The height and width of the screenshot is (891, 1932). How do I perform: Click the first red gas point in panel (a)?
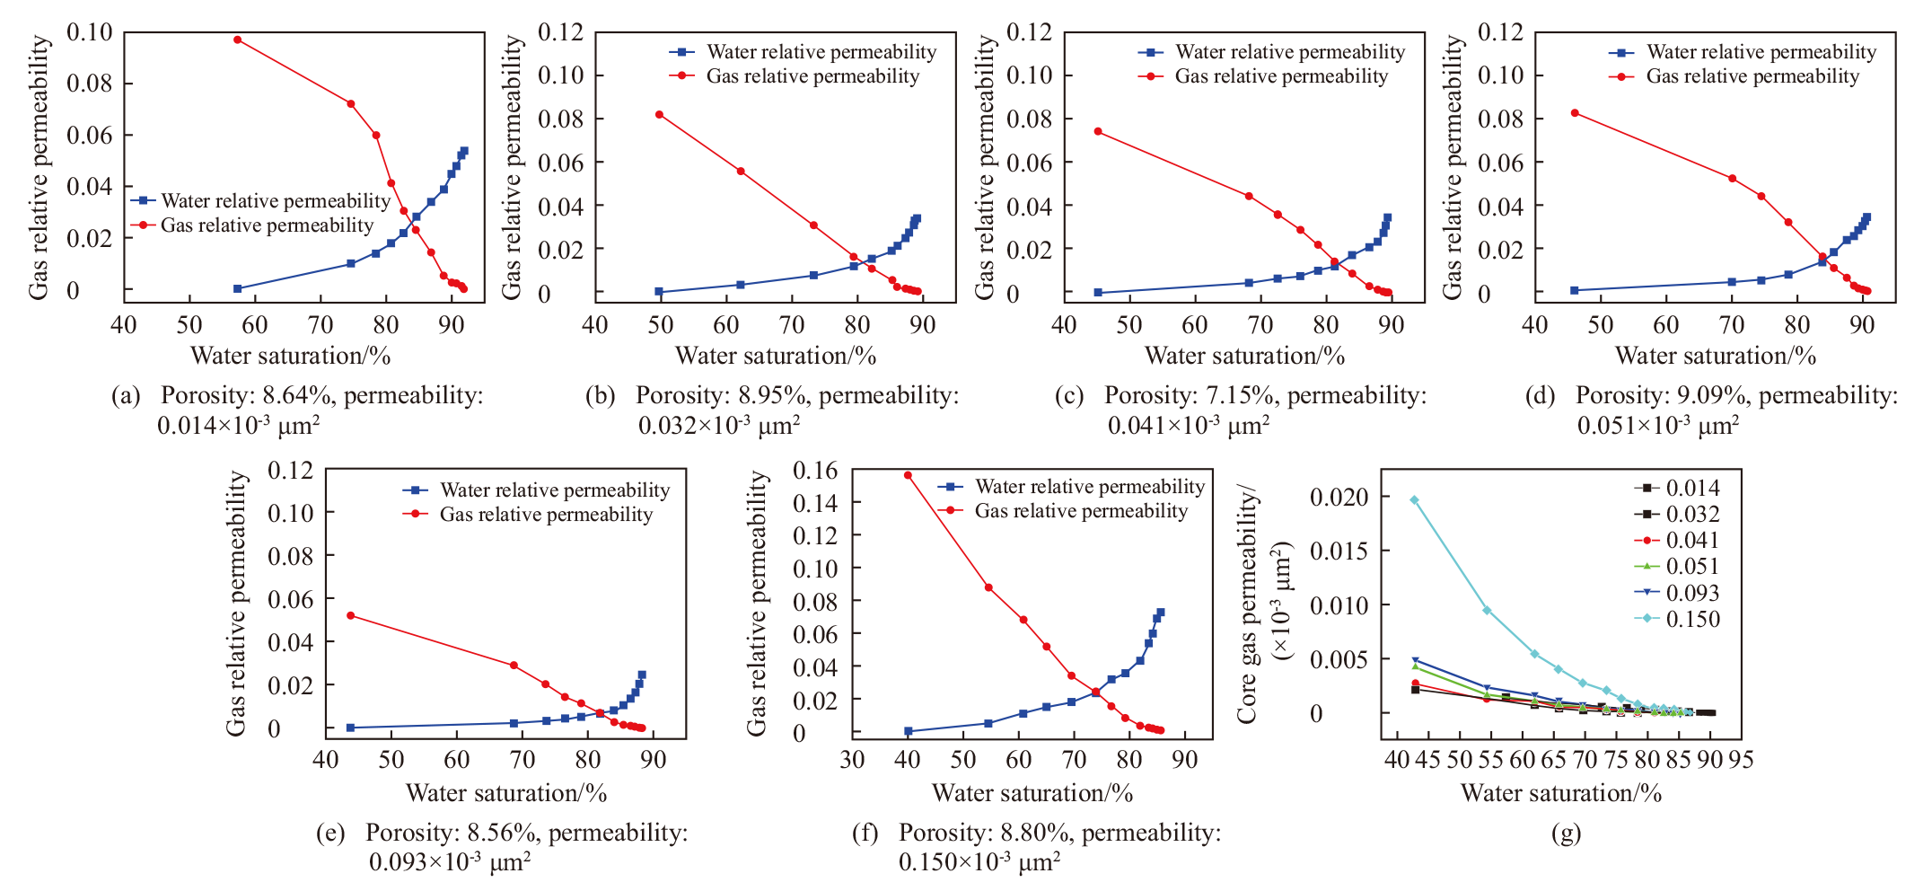(237, 40)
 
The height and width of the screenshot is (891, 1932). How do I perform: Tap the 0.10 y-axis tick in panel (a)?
(90, 32)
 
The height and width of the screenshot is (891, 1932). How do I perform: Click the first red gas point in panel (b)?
(659, 114)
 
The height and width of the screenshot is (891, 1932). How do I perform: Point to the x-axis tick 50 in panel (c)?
(1129, 324)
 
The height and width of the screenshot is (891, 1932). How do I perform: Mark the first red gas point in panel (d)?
(1575, 113)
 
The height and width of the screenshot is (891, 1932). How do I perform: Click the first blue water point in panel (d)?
(1575, 290)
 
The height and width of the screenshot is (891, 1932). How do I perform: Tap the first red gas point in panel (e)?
(350, 615)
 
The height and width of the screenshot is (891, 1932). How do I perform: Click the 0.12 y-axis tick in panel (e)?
(291, 470)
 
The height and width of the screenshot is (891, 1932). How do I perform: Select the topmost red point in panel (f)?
(908, 475)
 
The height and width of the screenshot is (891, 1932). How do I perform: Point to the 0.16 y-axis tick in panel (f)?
(815, 470)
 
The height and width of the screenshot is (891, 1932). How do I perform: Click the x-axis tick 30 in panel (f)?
(852, 760)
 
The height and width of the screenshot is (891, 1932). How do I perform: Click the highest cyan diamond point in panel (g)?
(1414, 500)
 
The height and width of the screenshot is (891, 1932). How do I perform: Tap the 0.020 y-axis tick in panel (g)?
(1339, 497)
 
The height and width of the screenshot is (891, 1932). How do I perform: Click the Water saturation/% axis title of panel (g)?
(1561, 793)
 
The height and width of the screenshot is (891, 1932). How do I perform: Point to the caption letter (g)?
(1566, 834)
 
